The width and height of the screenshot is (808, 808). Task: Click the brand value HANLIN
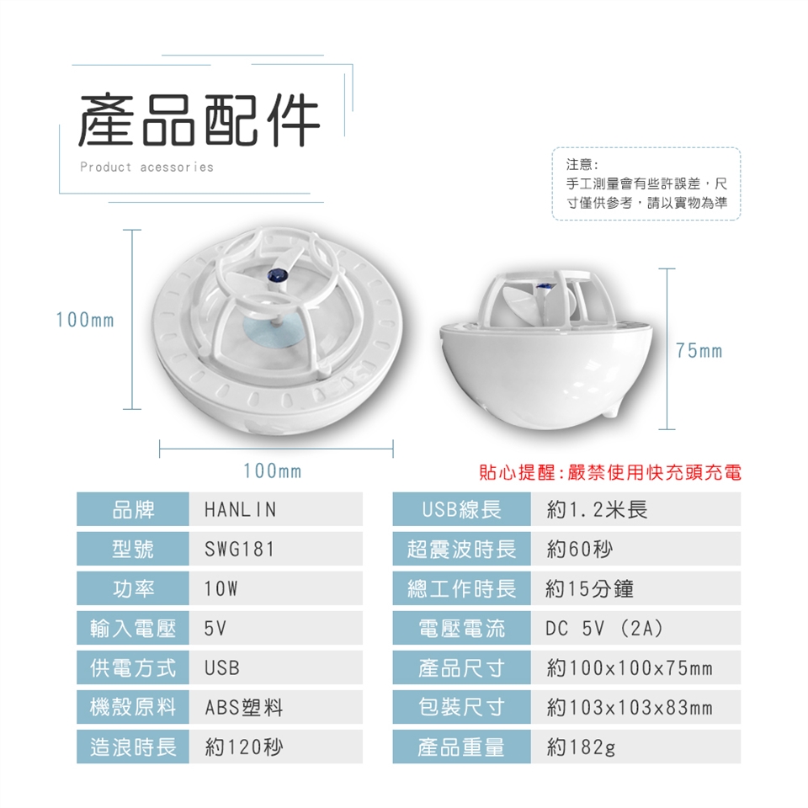tap(240, 510)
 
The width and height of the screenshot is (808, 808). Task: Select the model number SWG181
tap(239, 550)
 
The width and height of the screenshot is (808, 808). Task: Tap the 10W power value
tap(221, 588)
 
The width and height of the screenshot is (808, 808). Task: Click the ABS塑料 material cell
tap(244, 708)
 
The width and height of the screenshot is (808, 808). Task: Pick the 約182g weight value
tap(581, 747)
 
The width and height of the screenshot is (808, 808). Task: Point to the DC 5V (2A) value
tap(604, 628)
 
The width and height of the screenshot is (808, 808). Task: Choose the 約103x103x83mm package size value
tap(630, 708)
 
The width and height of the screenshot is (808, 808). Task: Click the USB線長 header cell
tap(461, 509)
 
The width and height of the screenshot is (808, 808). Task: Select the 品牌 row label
tap(133, 509)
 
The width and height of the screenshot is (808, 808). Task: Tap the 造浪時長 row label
tap(133, 747)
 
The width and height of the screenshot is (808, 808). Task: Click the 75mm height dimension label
tap(699, 351)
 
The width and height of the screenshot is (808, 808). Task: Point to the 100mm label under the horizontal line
tap(272, 471)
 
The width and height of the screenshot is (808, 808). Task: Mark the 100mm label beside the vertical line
tap(85, 320)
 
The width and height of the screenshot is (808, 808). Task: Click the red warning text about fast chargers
tap(610, 472)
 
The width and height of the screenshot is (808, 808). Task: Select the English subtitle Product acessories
tap(146, 167)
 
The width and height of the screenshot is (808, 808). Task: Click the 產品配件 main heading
tap(199, 120)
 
